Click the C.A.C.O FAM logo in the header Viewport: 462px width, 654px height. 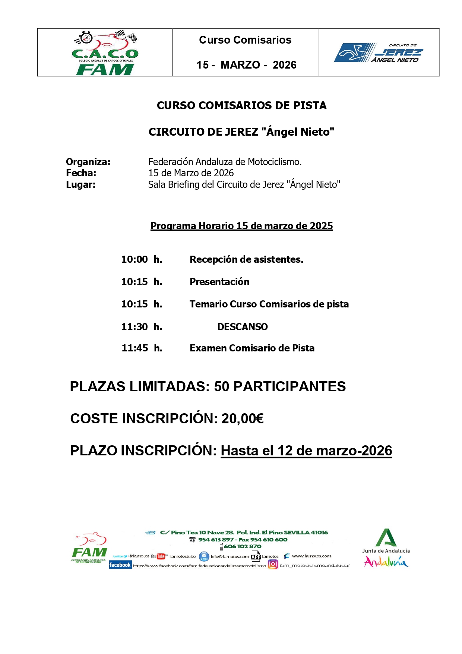pyautogui.click(x=105, y=53)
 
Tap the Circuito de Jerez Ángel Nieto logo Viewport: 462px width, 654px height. pyautogui.click(x=379, y=53)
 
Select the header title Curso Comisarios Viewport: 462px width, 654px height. pyautogui.click(x=245, y=40)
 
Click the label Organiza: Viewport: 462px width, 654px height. pyautogui.click(x=88, y=162)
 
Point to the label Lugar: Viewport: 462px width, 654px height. pyautogui.click(x=81, y=184)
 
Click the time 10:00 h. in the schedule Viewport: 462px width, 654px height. pyautogui.click(x=142, y=259)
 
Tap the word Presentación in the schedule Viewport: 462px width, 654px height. pyautogui.click(x=219, y=282)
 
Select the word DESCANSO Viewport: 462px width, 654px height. pyautogui.click(x=243, y=327)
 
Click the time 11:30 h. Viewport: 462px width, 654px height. pyautogui.click(x=142, y=327)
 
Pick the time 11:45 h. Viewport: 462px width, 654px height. pyautogui.click(x=142, y=348)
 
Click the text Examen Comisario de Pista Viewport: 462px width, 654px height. pyautogui.click(x=252, y=348)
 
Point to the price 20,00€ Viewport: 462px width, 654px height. pyautogui.click(x=243, y=418)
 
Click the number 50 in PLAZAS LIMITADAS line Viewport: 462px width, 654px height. pyautogui.click(x=222, y=387)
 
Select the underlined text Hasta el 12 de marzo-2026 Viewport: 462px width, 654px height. pyautogui.click(x=306, y=451)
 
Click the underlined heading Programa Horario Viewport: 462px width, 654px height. pyautogui.click(x=241, y=226)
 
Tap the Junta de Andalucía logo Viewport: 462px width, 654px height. pyautogui.click(x=386, y=548)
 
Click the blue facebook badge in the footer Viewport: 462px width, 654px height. pyautogui.click(x=120, y=565)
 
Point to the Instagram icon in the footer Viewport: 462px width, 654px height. pyautogui.click(x=273, y=565)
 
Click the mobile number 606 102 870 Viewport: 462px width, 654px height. pyautogui.click(x=243, y=546)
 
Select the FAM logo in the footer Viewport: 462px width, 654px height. pyautogui.click(x=89, y=548)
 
